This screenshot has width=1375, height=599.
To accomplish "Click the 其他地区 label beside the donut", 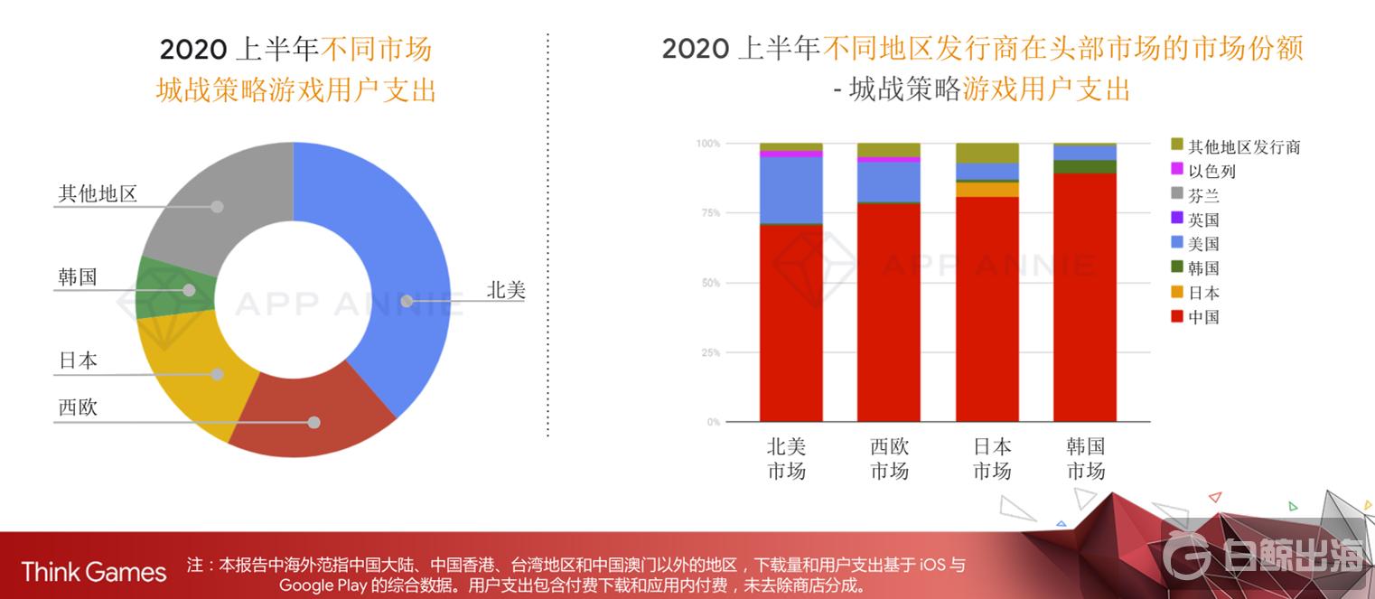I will (98, 193).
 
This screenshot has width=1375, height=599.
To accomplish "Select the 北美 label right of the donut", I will (506, 290).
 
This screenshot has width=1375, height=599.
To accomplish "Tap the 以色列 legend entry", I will (1211, 171).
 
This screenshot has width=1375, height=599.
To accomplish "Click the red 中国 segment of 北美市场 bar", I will (790, 325).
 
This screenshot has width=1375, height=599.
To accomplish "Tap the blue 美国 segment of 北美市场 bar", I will (790, 190).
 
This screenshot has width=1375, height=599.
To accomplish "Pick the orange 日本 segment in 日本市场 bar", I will (987, 190).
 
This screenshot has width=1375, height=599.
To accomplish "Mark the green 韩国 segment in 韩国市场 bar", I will (1085, 166).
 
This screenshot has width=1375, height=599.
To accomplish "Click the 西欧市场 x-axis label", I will (889, 458).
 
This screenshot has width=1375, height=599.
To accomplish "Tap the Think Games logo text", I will (93, 572).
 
